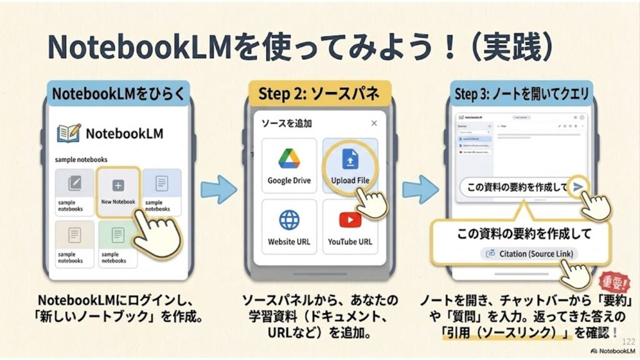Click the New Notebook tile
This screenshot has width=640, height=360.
coord(118,191)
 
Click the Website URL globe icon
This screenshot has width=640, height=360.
coord(289,220)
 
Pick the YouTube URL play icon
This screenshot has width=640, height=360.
coord(349,220)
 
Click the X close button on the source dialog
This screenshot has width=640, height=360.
coord(374,123)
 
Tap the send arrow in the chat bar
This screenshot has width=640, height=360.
coord(579,186)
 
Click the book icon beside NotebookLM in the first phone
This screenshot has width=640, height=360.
coord(68,133)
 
